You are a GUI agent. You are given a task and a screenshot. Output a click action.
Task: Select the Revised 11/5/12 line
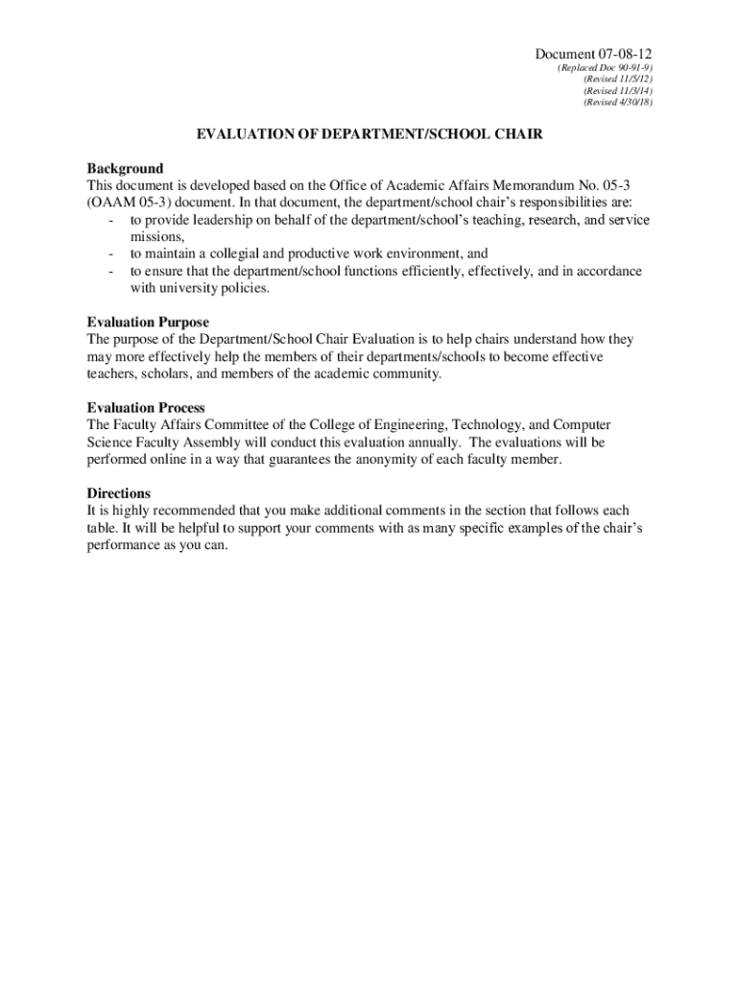pos(618,81)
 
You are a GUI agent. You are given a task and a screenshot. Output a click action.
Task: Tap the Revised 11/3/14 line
pos(618,91)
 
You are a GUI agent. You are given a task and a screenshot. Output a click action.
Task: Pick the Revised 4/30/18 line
pos(618,102)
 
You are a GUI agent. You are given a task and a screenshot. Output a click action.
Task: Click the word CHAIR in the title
pos(517,135)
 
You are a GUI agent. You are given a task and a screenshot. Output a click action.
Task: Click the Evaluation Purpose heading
pos(148,323)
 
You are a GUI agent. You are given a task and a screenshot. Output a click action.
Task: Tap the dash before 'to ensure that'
pos(111,272)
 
